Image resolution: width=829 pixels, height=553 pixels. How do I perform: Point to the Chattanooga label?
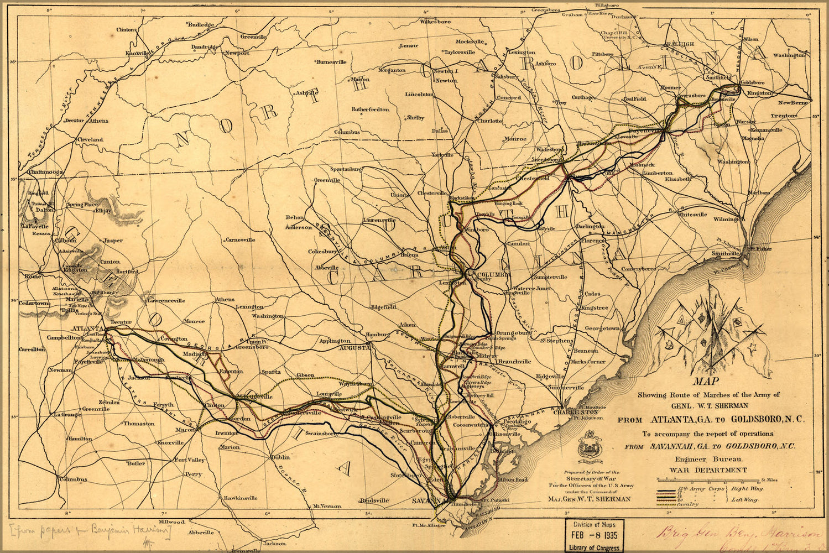(x=41, y=173)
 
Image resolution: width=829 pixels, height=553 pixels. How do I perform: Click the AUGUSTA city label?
(x=354, y=348)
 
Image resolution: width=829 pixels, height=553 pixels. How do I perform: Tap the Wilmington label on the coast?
(x=729, y=220)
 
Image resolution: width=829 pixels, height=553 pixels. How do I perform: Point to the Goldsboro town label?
(x=752, y=82)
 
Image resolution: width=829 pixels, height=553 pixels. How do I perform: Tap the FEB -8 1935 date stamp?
(x=595, y=535)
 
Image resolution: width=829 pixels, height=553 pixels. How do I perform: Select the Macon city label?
(x=185, y=430)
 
